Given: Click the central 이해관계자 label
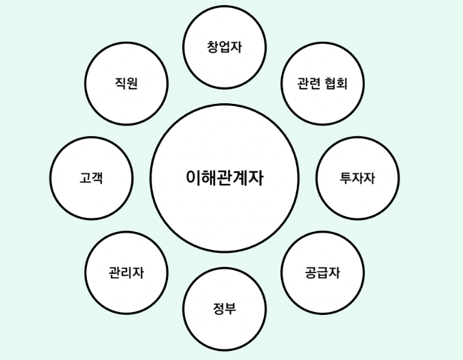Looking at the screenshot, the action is tap(225, 178).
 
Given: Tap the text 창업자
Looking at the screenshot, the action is tap(225, 47).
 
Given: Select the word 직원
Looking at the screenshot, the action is tap(126, 83).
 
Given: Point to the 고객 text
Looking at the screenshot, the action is tap(91, 178).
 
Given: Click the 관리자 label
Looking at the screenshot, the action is tap(126, 273).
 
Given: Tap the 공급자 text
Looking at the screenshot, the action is tap(322, 273).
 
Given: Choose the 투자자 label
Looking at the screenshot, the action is tap(358, 178).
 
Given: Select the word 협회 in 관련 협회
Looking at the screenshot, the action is tap(337, 84).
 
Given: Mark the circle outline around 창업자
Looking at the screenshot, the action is tap(225, 6).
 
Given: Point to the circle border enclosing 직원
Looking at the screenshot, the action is tap(126, 42).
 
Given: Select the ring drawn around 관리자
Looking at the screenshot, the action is tap(126, 232).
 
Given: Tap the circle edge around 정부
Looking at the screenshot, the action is tap(225, 269).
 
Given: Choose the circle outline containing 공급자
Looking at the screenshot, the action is tap(322, 232).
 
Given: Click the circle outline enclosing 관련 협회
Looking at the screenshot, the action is tap(322, 43).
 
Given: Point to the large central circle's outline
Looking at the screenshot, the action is tap(225, 105).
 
